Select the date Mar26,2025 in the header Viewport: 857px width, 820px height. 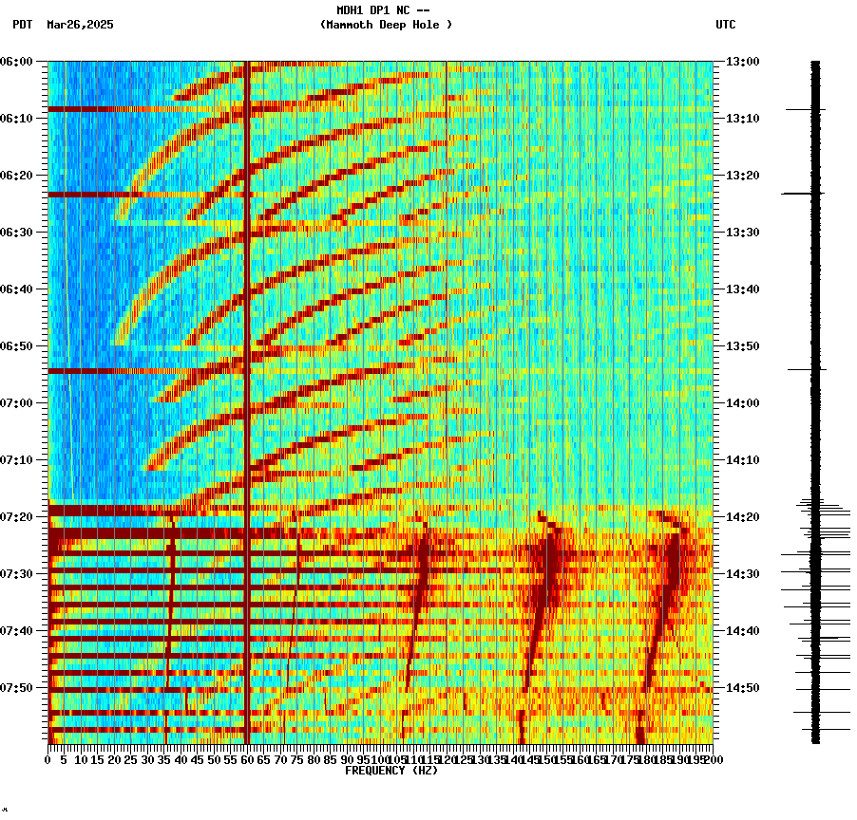click(80, 25)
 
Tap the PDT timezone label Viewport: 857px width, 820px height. click(22, 25)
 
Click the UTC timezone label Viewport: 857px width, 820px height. click(725, 25)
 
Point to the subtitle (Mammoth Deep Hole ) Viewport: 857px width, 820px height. click(386, 25)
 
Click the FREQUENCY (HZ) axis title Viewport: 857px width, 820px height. click(391, 771)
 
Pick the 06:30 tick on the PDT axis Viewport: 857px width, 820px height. click(17, 232)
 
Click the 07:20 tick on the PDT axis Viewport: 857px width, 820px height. click(17, 516)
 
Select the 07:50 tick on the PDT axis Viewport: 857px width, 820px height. click(17, 687)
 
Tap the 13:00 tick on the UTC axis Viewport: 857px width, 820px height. click(743, 61)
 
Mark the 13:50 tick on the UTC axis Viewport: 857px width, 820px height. click(743, 345)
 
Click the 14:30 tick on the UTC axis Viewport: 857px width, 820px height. click(743, 573)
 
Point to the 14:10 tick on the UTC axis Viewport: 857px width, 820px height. click(743, 459)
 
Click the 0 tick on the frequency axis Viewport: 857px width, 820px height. click(48, 759)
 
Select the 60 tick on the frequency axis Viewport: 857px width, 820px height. click(247, 759)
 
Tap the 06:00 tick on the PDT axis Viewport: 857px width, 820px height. click(17, 61)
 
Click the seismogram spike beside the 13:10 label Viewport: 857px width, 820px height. click(804, 109)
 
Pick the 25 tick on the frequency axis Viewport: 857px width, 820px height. click(130, 759)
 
